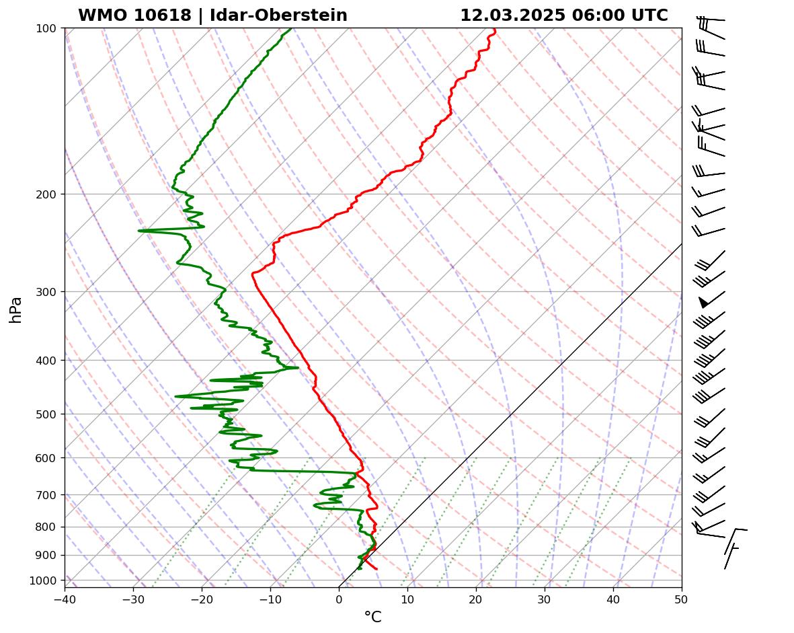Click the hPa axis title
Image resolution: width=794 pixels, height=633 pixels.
16,309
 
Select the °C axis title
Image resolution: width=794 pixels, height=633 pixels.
372,617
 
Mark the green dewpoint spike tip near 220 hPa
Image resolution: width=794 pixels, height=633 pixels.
139,231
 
